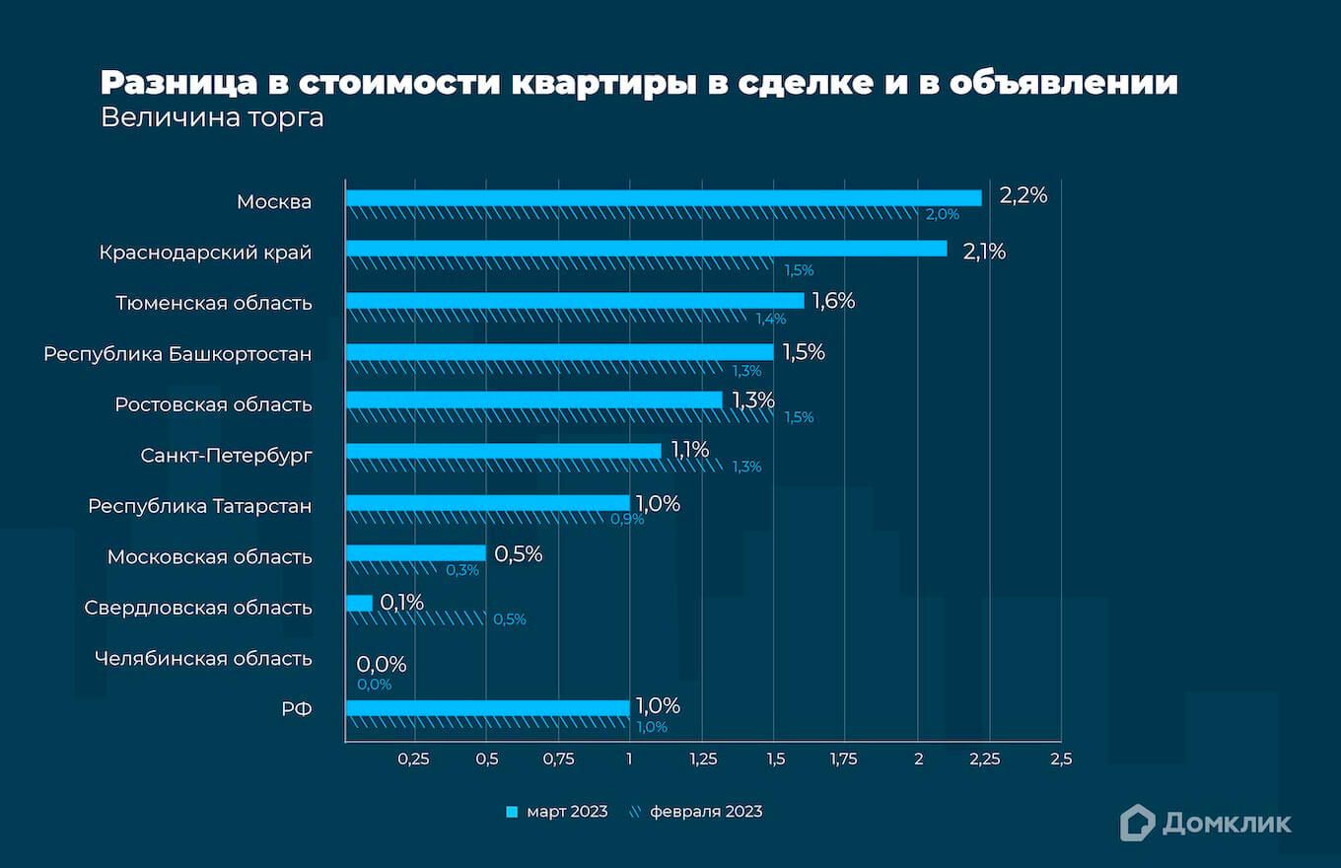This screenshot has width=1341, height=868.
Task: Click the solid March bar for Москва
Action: (663, 198)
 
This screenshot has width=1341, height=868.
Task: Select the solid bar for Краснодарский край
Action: (646, 249)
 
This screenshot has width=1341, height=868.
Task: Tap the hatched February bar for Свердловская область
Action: (416, 617)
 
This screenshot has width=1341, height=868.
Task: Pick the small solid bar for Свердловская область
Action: (359, 603)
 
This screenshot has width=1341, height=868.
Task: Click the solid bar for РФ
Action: (487, 708)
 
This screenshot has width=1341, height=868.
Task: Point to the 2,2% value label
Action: (1023, 196)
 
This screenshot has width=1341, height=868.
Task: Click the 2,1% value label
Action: (984, 252)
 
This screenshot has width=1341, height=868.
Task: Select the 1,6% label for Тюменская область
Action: (833, 302)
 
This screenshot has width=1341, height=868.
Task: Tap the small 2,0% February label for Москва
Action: (941, 215)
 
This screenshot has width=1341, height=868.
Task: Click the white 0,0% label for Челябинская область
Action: (381, 665)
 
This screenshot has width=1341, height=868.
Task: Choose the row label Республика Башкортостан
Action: (177, 353)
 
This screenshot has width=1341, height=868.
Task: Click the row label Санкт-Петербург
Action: (226, 455)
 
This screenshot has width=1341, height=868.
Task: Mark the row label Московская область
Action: (209, 556)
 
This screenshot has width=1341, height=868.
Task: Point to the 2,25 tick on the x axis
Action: (985, 759)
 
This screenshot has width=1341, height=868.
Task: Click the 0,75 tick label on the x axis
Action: (558, 759)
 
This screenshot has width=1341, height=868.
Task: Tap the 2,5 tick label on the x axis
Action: (1060, 759)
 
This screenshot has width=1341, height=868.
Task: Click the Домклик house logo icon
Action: (1137, 823)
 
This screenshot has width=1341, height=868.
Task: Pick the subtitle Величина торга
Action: (212, 118)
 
